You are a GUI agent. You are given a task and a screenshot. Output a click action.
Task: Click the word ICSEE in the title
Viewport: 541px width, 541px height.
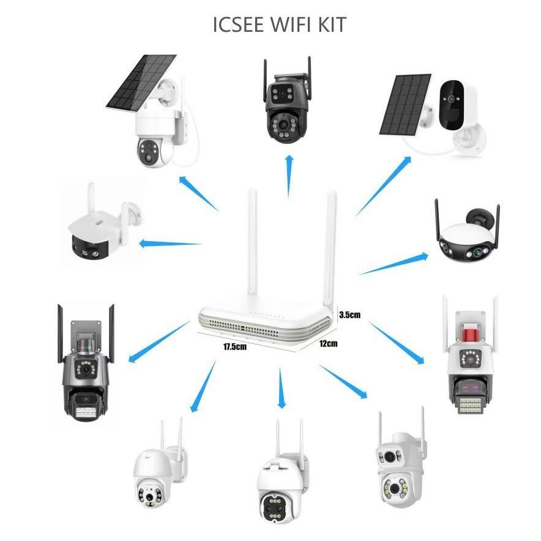[x=239, y=25]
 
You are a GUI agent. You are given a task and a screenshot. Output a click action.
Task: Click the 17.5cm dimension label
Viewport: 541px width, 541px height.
[x=234, y=346]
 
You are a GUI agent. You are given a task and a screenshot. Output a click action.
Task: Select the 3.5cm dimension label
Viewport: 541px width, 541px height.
[x=349, y=315]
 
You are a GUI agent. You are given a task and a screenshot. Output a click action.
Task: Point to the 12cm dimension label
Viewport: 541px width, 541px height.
[x=328, y=344]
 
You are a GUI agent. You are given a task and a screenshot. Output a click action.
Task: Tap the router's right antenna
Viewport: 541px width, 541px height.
[x=332, y=245]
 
